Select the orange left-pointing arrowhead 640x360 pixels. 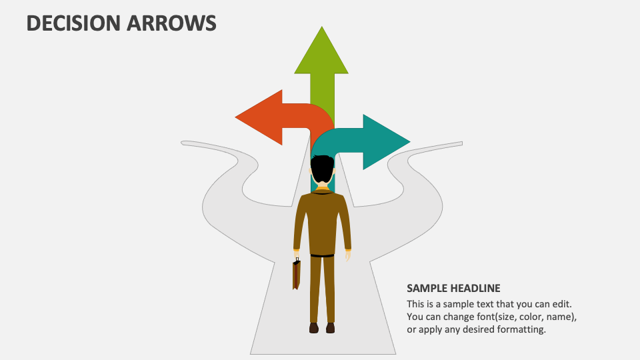tap(257, 117)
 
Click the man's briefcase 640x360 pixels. tap(296, 274)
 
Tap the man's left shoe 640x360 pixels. tap(314, 327)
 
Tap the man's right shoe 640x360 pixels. tap(330, 327)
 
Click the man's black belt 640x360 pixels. tap(323, 255)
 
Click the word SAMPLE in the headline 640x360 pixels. tap(425, 289)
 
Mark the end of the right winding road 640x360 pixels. tap(459, 143)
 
